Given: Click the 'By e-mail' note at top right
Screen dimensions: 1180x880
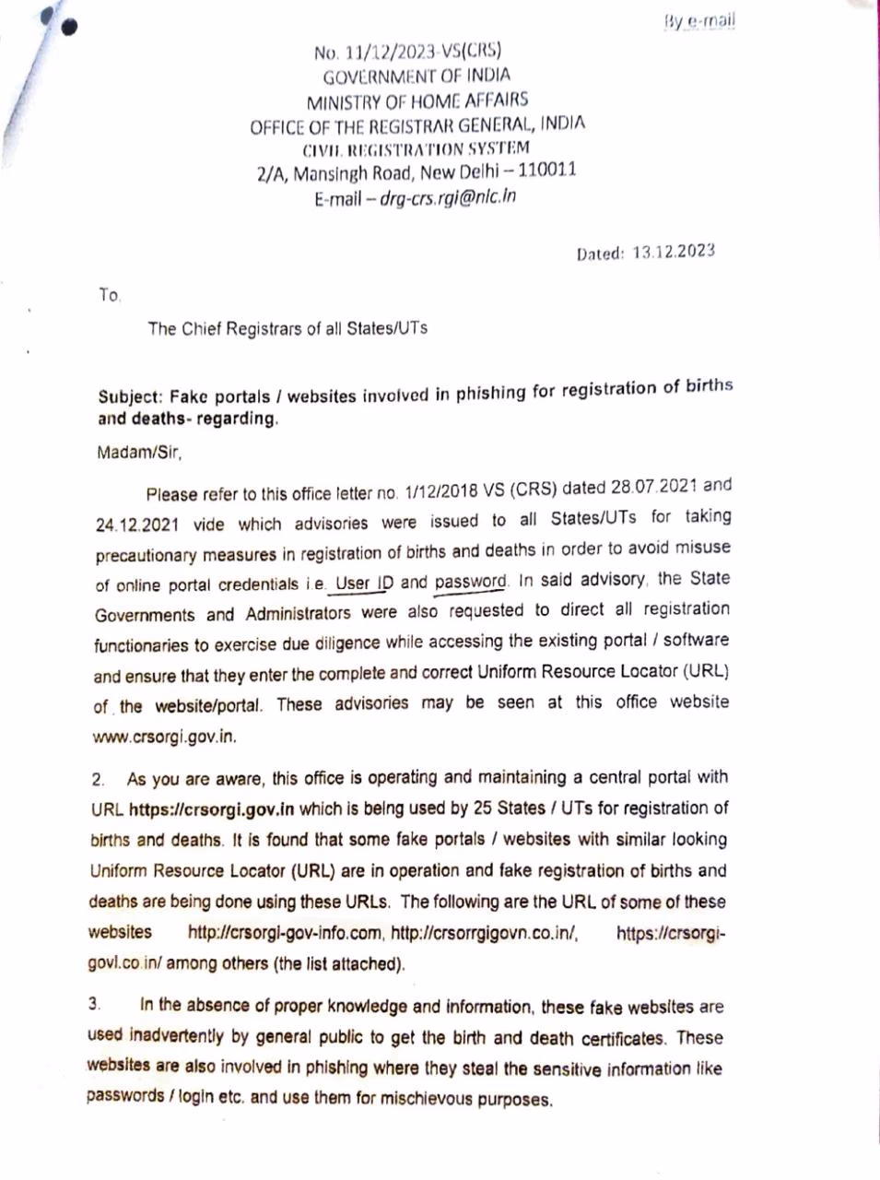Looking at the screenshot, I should click(699, 21).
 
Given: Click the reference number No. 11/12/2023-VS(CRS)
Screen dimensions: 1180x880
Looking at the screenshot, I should click(407, 52).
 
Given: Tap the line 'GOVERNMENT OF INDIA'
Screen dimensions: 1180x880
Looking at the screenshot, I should click(417, 77).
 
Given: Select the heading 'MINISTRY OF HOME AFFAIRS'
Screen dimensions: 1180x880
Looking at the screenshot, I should click(417, 100).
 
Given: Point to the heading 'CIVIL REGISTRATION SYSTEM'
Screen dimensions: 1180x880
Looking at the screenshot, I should click(417, 148).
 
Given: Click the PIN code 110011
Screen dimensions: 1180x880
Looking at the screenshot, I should click(547, 171).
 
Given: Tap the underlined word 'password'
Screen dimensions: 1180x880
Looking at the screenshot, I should click(471, 583).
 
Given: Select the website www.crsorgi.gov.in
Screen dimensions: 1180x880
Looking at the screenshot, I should click(165, 737).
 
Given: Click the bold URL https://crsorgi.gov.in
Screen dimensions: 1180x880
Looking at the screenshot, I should click(211, 809).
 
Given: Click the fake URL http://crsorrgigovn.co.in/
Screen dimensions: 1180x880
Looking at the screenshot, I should click(485, 933).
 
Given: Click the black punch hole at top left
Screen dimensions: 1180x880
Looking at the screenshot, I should click(68, 25).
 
